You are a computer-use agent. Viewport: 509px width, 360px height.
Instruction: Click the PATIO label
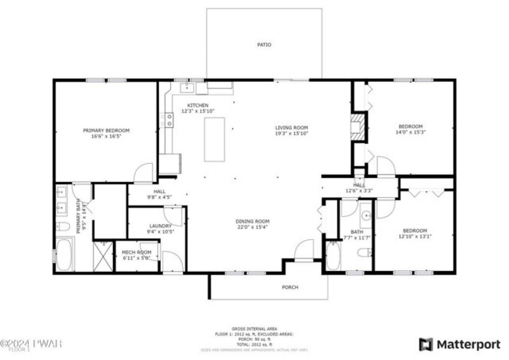click(264, 45)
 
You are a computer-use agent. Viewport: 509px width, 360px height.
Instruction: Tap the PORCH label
click(290, 287)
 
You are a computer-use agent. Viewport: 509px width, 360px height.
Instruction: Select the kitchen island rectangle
click(214, 140)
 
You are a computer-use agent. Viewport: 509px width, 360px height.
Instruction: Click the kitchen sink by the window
click(187, 88)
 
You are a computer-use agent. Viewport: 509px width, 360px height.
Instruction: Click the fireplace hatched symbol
click(358, 126)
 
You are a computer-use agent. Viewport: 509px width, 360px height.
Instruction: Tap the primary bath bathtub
click(64, 255)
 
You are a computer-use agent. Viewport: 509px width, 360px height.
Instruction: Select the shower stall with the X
click(103, 256)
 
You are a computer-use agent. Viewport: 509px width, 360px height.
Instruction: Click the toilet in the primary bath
click(63, 226)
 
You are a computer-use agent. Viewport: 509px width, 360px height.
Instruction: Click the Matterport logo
click(460, 344)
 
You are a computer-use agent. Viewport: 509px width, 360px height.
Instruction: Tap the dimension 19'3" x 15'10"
click(291, 133)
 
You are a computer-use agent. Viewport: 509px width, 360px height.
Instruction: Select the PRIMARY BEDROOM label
click(106, 131)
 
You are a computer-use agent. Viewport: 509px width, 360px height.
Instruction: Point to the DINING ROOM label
click(253, 221)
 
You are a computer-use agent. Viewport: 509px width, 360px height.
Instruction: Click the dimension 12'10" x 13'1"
click(412, 236)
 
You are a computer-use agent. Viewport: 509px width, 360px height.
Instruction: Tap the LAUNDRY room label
click(160, 226)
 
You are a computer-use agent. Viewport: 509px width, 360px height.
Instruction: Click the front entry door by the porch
click(304, 250)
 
